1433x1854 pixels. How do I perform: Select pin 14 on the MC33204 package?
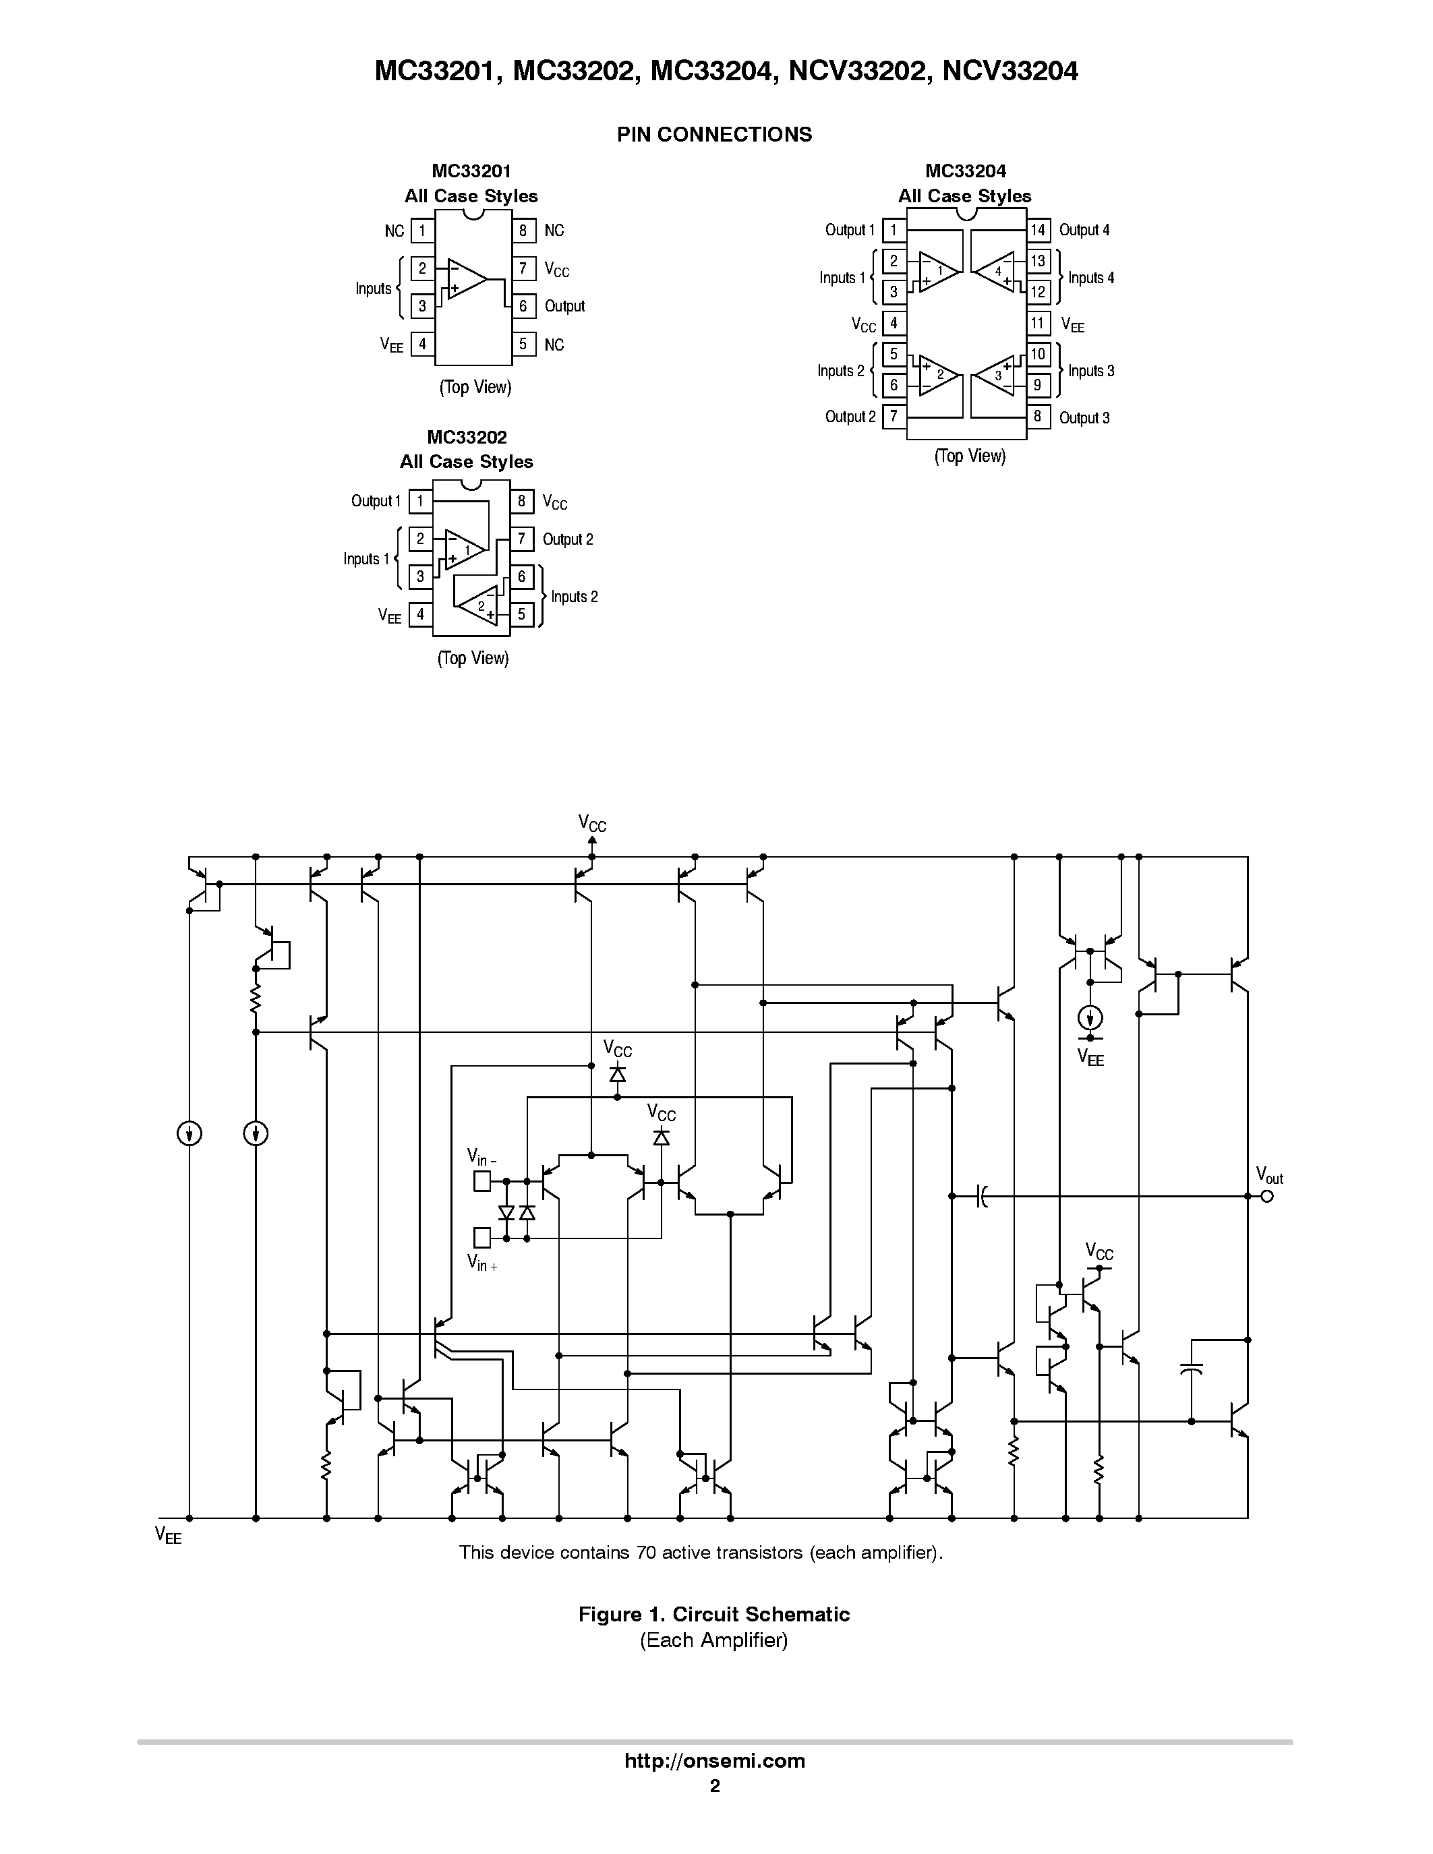1039,230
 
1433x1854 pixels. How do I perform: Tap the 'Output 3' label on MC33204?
1084,418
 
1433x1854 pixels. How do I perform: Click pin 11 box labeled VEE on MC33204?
1037,324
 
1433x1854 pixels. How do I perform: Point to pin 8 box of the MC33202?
522,501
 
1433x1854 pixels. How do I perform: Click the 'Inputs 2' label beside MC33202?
574,597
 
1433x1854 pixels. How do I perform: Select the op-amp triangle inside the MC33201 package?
466,279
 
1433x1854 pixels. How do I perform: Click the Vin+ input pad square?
481,1238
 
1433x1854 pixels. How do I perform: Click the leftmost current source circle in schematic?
189,1133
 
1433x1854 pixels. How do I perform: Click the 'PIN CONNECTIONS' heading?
714,134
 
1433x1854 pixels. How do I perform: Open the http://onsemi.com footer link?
714,1760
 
